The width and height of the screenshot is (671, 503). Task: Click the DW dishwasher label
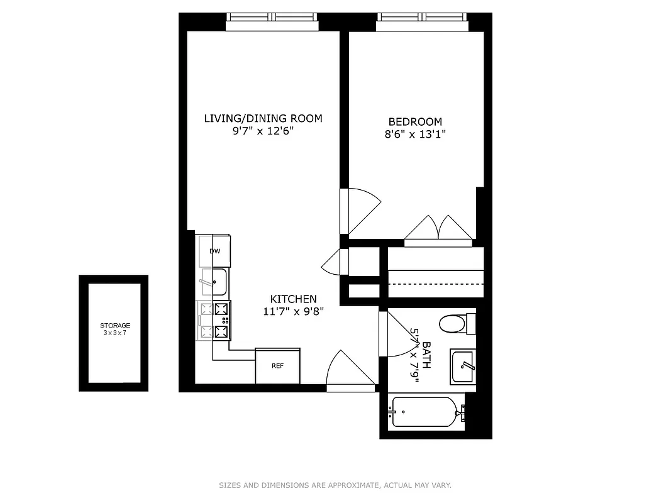pyautogui.click(x=215, y=251)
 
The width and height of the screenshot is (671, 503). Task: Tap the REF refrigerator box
pyautogui.click(x=277, y=365)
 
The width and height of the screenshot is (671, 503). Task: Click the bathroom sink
pyautogui.click(x=464, y=367)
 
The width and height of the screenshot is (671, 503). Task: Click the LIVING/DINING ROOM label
pyautogui.click(x=263, y=118)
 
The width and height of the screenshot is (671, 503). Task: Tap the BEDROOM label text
pyautogui.click(x=415, y=121)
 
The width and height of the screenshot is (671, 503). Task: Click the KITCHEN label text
pyautogui.click(x=293, y=299)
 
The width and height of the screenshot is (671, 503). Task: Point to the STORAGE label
pyautogui.click(x=115, y=326)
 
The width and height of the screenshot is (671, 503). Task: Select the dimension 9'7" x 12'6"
pyautogui.click(x=263, y=131)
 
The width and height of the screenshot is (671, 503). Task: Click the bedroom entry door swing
pyautogui.click(x=362, y=209)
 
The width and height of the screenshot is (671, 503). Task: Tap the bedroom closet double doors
pyautogui.click(x=438, y=229)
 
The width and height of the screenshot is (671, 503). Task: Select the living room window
pyautogui.click(x=272, y=21)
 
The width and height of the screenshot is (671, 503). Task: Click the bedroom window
pyautogui.click(x=423, y=21)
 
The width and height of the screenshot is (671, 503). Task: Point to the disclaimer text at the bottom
pyautogui.click(x=335, y=485)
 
